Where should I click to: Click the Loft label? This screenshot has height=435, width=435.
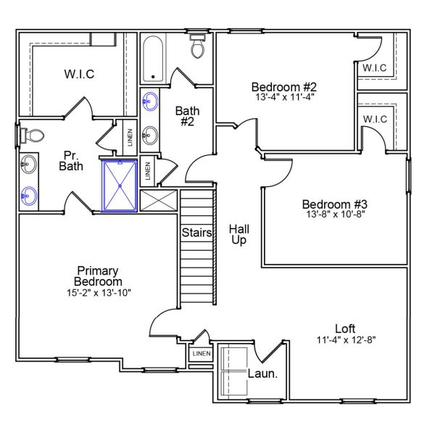[346, 328]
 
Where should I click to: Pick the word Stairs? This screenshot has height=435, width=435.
[197, 233]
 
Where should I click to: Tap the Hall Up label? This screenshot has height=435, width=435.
[239, 233]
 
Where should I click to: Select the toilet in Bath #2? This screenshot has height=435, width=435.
[197, 47]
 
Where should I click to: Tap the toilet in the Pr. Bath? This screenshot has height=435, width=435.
[31, 135]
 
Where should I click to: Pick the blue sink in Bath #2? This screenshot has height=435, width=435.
[151, 101]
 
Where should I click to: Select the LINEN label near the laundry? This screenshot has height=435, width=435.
[201, 354]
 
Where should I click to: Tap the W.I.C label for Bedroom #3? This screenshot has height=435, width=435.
[375, 119]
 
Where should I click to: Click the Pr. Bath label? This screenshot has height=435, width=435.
[71, 160]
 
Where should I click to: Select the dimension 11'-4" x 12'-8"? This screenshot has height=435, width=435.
[346, 339]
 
